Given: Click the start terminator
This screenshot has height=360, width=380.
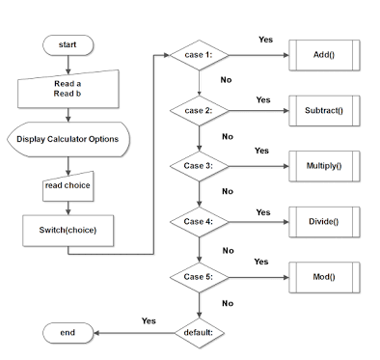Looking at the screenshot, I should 68,43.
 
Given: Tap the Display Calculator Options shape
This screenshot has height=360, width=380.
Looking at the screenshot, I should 68,139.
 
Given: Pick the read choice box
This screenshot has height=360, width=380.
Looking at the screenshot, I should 68,185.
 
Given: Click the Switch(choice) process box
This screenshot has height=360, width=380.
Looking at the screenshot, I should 68,231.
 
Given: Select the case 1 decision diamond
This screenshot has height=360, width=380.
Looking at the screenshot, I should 199,54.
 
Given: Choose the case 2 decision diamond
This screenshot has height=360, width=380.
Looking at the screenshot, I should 199,111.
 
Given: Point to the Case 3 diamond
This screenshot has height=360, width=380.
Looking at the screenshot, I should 199,166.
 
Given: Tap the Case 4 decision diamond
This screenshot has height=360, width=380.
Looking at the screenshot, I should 199,222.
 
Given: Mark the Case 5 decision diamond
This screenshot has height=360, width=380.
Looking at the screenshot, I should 199,278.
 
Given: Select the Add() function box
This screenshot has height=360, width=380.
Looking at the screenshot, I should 324,55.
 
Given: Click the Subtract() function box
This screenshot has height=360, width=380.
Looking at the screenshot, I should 324,111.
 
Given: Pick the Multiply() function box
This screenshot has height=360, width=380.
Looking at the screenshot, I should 324,166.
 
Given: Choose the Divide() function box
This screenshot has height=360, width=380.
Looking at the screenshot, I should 324,222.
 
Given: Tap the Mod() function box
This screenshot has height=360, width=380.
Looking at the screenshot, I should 324,278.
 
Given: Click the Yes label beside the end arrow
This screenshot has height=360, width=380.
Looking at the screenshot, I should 149,320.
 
